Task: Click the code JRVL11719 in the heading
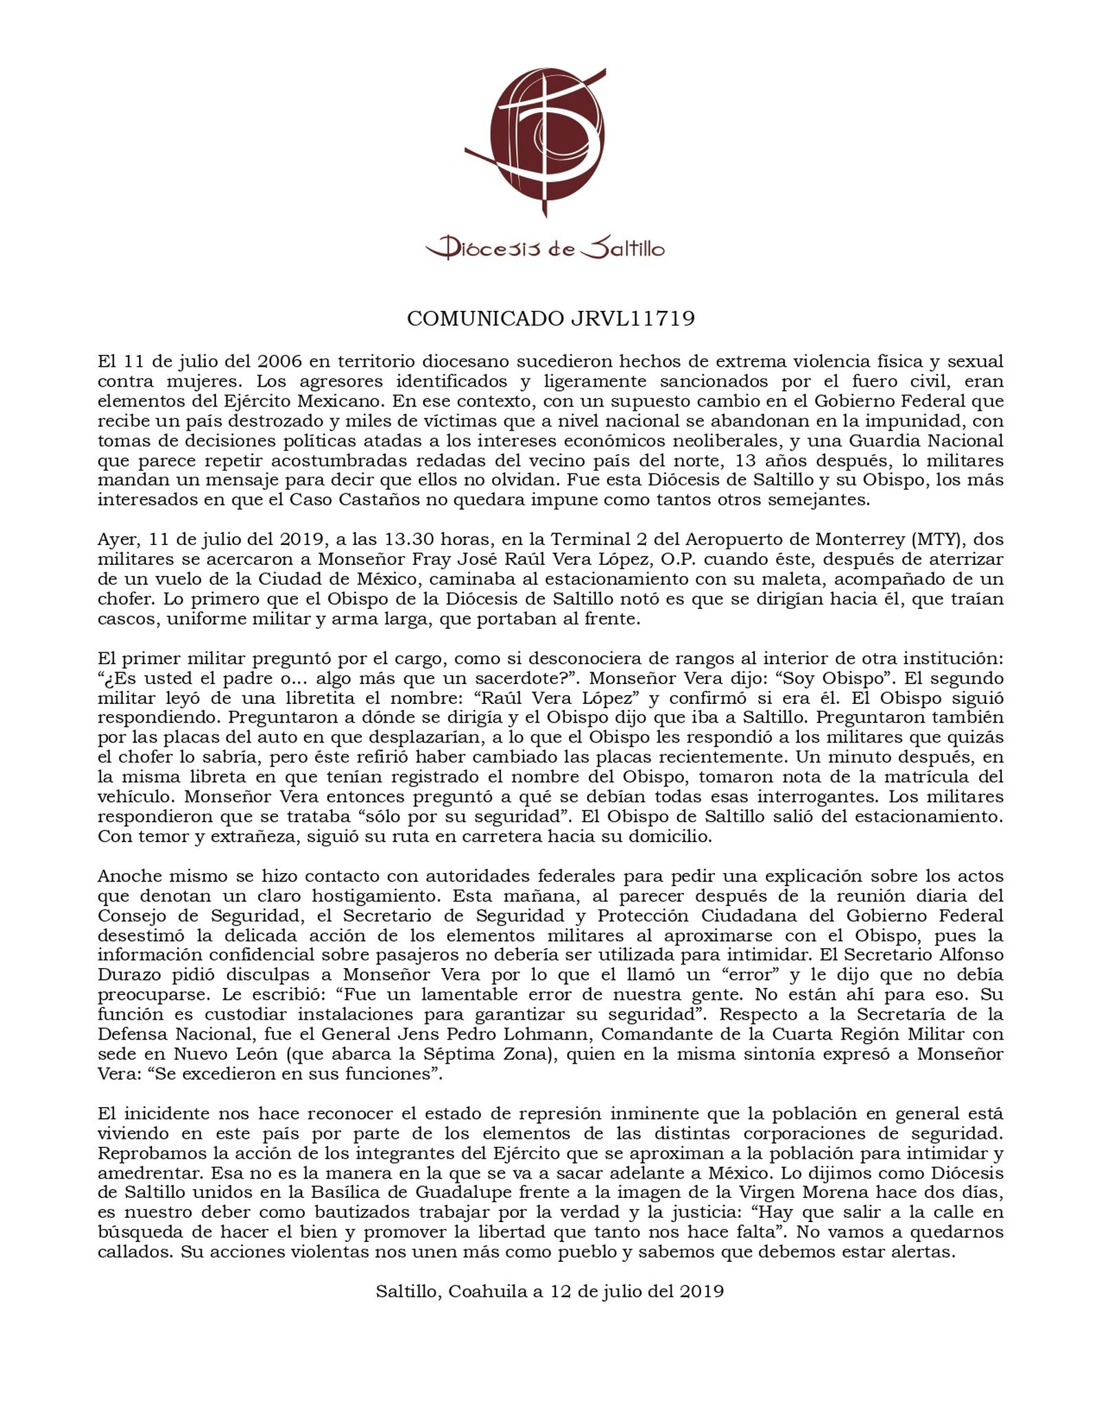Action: coord(632,319)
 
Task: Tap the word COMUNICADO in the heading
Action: coord(486,319)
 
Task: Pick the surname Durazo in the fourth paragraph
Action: coord(128,976)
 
